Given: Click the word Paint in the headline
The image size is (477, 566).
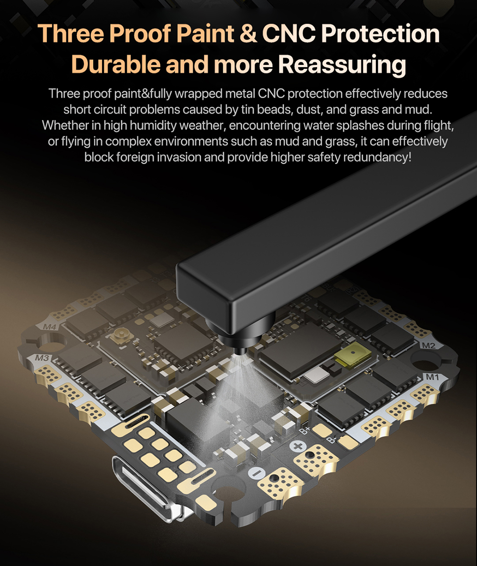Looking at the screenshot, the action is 205,33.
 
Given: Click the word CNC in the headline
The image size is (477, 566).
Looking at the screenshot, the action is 288,33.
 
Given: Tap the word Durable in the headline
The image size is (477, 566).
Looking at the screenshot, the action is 115,65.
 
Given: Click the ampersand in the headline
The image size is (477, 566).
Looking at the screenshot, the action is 248,33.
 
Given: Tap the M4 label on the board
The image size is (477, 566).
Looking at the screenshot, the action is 50,327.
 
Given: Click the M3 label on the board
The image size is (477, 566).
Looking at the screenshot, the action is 42,358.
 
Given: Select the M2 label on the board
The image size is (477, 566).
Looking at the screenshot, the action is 428,345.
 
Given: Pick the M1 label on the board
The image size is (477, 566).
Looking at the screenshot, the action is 432,377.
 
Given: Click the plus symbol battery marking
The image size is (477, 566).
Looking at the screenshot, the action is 298,446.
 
